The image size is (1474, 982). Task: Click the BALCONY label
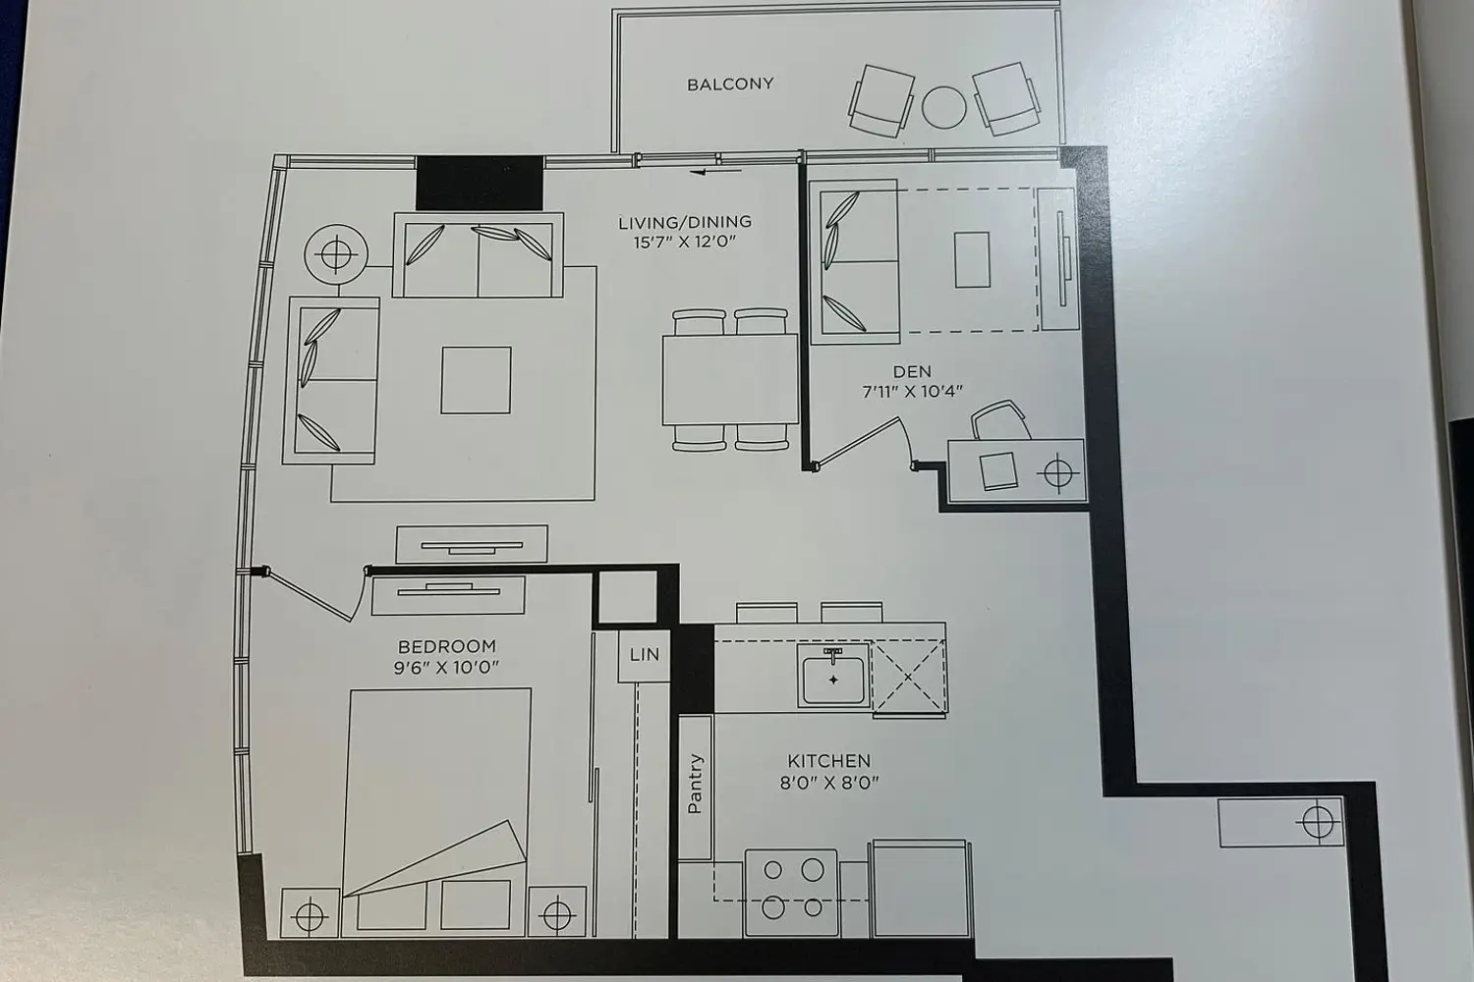point(730,84)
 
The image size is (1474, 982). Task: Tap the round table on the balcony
point(943,107)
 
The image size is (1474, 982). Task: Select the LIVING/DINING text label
point(684,222)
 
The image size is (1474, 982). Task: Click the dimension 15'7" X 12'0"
point(684,243)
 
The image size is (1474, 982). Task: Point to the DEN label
point(912,371)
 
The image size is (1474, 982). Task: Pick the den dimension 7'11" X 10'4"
point(912,392)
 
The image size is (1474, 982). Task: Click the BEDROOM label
point(447,646)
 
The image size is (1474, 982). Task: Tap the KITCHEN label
point(829,761)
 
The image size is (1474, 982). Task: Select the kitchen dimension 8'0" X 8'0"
point(829,783)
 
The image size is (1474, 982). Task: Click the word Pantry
point(695,784)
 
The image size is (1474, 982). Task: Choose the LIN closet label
point(645,654)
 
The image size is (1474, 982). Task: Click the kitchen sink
point(833,676)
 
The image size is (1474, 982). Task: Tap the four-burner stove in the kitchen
point(792,893)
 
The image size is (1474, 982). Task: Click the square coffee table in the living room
point(476,380)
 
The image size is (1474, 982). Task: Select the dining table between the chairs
point(730,379)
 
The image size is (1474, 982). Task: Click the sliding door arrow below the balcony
point(716,172)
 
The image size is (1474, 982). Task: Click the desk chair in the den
point(999,419)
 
